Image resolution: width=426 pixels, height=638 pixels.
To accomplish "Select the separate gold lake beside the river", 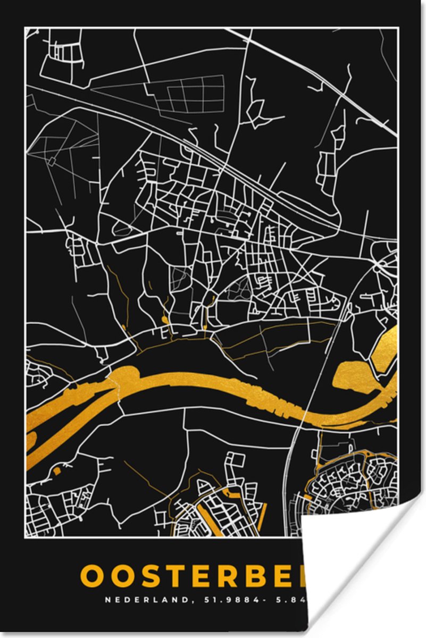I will click(x=354, y=375).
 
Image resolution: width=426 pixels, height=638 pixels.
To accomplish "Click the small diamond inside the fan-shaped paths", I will click(x=52, y=160).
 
